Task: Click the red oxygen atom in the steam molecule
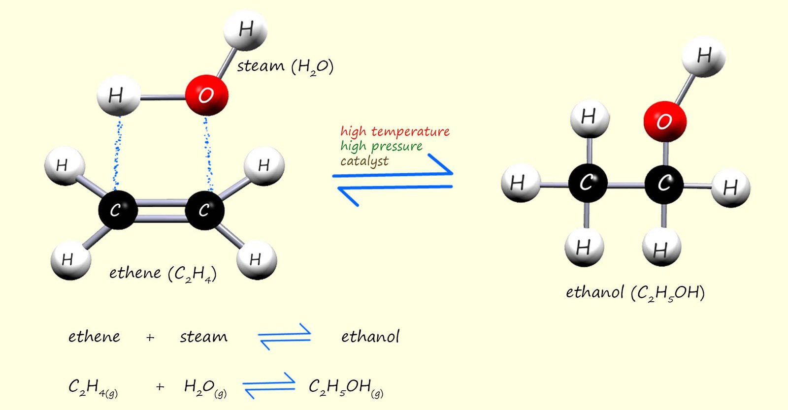[207, 95]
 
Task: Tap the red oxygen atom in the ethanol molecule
[664, 121]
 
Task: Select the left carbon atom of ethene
[117, 210]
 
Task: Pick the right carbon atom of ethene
[204, 210]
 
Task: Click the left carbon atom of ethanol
[587, 184]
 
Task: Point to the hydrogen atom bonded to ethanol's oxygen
[703, 56]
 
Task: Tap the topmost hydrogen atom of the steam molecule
[245, 30]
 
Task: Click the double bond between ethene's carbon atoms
[161, 210]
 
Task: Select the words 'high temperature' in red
[394, 131]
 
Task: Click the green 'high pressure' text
[381, 146]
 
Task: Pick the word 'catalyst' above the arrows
[364, 161]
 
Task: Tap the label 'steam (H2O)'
[285, 66]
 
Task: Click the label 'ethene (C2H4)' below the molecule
[163, 274]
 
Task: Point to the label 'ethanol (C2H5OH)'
[635, 293]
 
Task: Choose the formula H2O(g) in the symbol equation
[205, 388]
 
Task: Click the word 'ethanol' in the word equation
[370, 337]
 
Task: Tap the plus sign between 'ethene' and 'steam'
[150, 338]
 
